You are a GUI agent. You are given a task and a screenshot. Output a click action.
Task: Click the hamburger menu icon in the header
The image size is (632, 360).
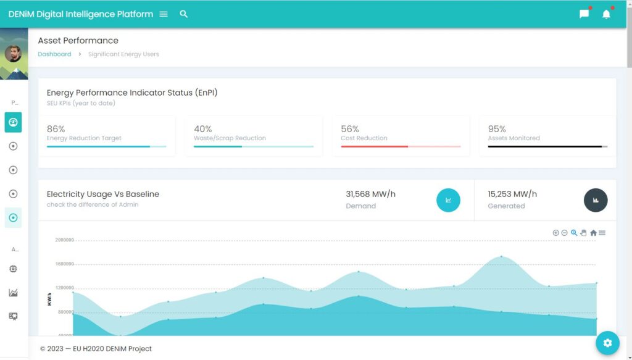click(x=164, y=14)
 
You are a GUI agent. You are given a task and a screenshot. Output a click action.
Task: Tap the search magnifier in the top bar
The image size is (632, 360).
click(x=184, y=14)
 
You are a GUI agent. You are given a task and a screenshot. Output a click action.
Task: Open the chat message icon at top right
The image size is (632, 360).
click(x=584, y=14)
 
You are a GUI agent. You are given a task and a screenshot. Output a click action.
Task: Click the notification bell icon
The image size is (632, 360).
click(x=606, y=14)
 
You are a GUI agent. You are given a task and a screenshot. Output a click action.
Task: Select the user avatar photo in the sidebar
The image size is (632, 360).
click(x=13, y=54)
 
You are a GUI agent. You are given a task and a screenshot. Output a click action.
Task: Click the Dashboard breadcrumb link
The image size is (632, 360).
click(x=54, y=54)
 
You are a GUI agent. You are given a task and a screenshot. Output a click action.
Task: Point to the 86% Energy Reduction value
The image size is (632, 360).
click(x=56, y=129)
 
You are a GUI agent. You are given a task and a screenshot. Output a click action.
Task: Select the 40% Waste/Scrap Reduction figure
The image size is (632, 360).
click(x=203, y=129)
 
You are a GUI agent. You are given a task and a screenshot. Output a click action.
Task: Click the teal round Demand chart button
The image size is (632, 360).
click(x=448, y=200)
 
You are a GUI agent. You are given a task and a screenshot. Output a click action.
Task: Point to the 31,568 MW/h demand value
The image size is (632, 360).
click(x=370, y=194)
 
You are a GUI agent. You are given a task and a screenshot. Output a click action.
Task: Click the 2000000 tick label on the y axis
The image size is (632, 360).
click(x=64, y=240)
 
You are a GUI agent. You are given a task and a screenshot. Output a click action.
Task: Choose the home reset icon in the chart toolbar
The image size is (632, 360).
click(x=593, y=233)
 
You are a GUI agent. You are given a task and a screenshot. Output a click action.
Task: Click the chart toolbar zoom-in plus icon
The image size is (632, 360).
click(x=555, y=233)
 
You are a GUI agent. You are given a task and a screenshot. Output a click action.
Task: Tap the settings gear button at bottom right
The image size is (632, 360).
click(x=607, y=343)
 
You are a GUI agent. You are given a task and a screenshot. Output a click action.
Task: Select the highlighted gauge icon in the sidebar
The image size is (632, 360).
click(x=13, y=122)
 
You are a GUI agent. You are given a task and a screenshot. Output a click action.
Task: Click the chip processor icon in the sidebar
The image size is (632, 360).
click(x=13, y=269)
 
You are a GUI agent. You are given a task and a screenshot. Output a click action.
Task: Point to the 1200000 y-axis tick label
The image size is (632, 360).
click(x=64, y=288)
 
